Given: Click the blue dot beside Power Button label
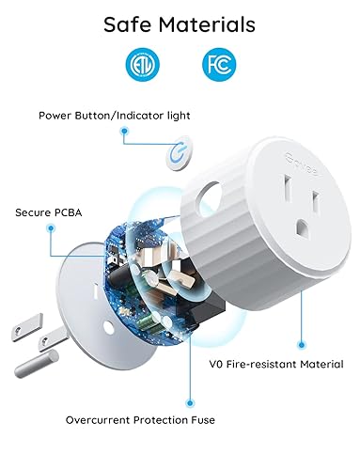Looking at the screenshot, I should (x=124, y=133).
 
